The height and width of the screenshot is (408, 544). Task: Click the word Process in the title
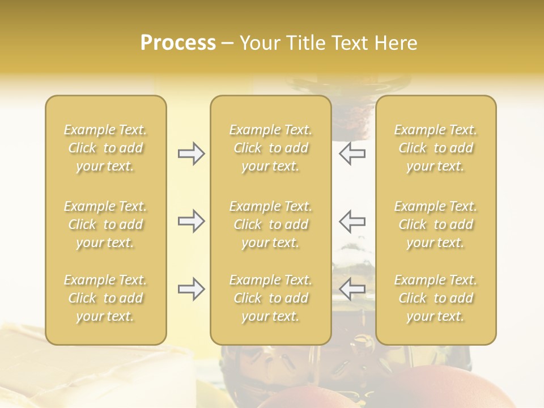pyautogui.click(x=178, y=43)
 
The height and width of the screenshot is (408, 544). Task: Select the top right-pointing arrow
pyautogui.click(x=191, y=154)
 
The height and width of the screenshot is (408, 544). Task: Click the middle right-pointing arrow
pyautogui.click(x=191, y=221)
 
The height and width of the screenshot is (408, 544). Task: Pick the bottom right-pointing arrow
pyautogui.click(x=191, y=290)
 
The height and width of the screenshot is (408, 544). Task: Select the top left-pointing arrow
pyautogui.click(x=352, y=154)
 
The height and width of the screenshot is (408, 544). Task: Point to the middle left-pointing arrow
pyautogui.click(x=352, y=221)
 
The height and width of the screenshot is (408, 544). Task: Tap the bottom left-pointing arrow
pyautogui.click(x=352, y=290)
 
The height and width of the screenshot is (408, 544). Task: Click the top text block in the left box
pyautogui.click(x=105, y=148)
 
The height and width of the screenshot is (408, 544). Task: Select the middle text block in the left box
pyautogui.click(x=105, y=224)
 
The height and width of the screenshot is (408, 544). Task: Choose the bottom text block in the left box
pyautogui.click(x=105, y=298)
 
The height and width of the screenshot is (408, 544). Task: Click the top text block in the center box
pyautogui.click(x=270, y=148)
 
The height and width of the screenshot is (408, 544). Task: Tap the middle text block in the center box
pyautogui.click(x=270, y=224)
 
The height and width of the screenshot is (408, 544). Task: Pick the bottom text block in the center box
pyautogui.click(x=270, y=298)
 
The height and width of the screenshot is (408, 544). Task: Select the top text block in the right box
pyautogui.click(x=435, y=148)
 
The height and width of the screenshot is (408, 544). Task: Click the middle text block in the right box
pyautogui.click(x=435, y=224)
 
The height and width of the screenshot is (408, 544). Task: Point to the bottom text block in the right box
pyautogui.click(x=435, y=298)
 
